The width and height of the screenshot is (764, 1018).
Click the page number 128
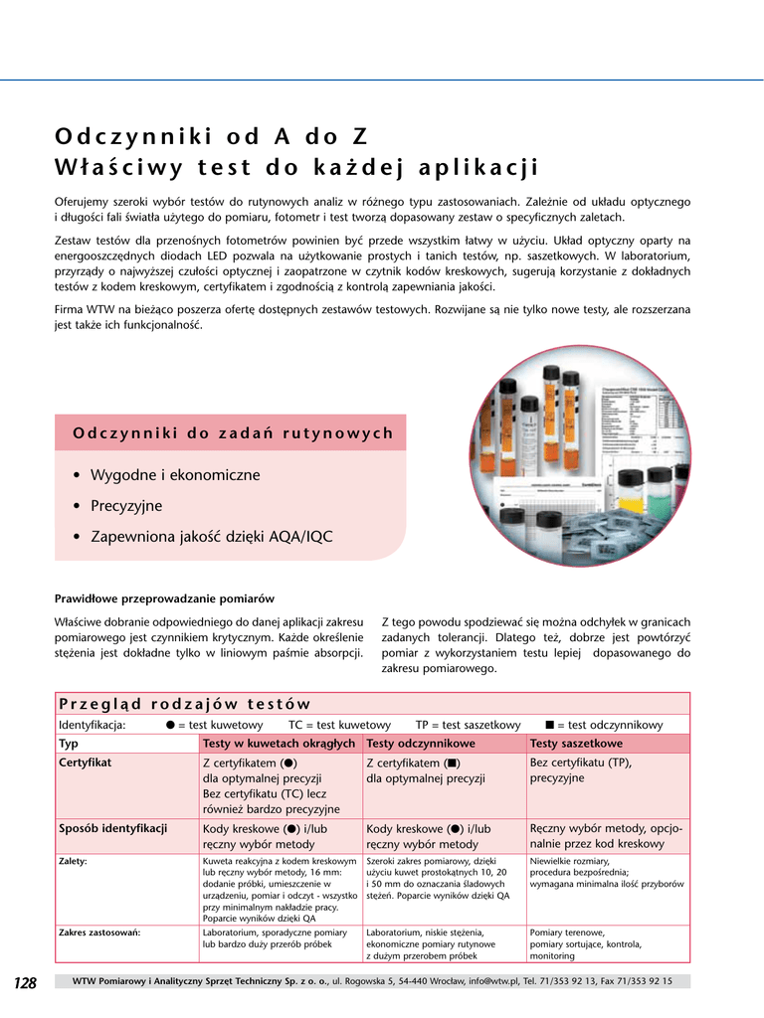25,983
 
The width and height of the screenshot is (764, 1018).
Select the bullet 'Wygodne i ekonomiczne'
175,475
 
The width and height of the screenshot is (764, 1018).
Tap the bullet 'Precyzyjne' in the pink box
126,506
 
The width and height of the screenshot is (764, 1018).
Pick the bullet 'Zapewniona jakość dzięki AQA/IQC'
212,537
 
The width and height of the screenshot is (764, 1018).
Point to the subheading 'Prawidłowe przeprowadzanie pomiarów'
164,598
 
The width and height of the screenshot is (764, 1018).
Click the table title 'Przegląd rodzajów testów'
184,704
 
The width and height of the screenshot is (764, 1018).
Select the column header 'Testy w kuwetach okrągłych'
279,744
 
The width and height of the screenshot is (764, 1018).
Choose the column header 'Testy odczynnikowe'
421,744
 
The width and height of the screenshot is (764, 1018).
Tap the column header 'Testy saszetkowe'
576,744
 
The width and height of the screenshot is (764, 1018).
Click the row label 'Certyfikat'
85,763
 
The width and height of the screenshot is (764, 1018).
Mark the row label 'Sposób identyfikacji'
112,828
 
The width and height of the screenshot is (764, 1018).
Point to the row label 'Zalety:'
73,861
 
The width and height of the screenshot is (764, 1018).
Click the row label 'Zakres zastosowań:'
99,933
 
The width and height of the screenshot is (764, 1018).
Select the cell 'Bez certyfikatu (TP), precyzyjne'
580,770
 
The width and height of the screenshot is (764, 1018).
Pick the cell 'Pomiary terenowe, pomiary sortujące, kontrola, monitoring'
586,944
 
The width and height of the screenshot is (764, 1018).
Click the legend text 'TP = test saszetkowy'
468,725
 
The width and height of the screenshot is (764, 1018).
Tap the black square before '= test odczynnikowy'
549,725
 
